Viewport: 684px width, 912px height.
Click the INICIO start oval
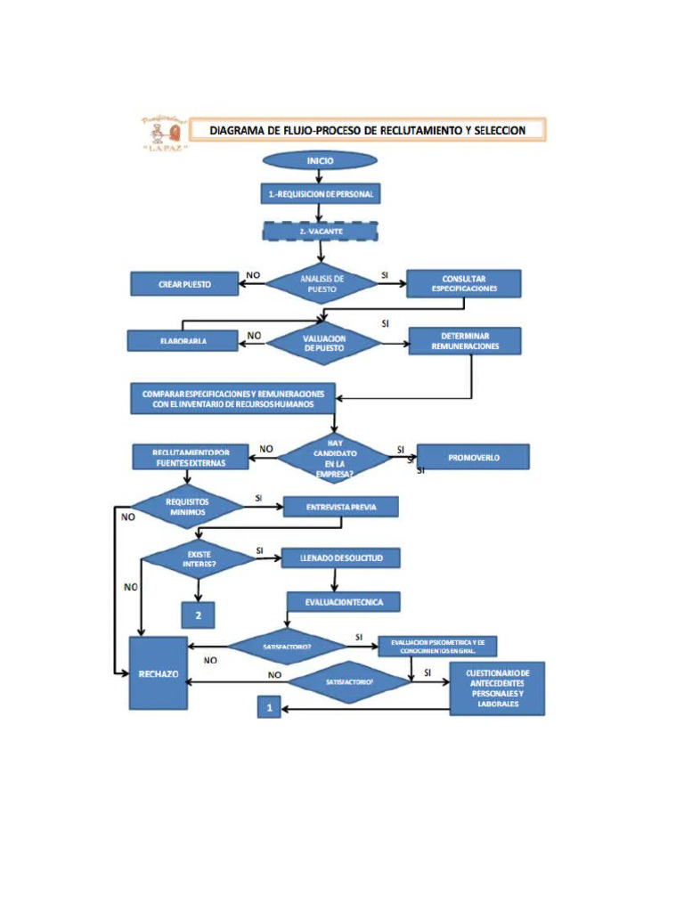(x=320, y=160)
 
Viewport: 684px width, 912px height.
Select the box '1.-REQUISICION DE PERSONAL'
(x=321, y=194)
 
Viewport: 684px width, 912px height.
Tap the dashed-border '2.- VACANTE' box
(x=321, y=231)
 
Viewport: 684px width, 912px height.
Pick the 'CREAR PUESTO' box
(x=184, y=283)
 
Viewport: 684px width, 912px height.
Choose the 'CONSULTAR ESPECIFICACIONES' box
(x=463, y=283)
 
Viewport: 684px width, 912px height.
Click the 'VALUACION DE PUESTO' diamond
(x=323, y=344)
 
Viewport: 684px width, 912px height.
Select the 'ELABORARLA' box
(x=183, y=341)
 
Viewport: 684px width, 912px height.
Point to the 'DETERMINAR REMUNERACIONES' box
(x=465, y=341)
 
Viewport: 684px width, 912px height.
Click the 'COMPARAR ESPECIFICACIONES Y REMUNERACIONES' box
(x=233, y=398)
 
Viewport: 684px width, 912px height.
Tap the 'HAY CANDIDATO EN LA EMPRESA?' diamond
(x=334, y=458)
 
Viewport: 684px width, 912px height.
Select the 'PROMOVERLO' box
(x=473, y=457)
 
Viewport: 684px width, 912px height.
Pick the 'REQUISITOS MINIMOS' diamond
(x=187, y=507)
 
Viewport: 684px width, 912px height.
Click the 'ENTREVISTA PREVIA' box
(x=340, y=507)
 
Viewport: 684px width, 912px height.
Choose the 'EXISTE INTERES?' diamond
(x=199, y=558)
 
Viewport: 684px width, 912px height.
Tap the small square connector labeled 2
(x=199, y=615)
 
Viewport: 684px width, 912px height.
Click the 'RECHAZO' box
(x=158, y=673)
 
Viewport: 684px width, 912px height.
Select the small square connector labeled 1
(x=269, y=707)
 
